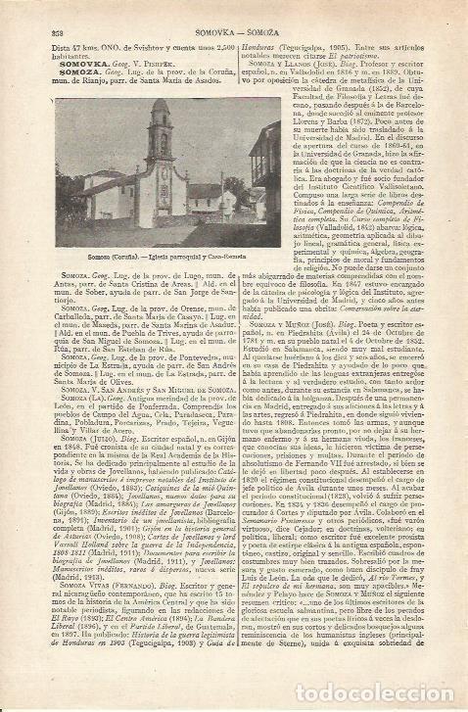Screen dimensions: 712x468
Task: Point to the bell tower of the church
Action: click(x=162, y=127)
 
